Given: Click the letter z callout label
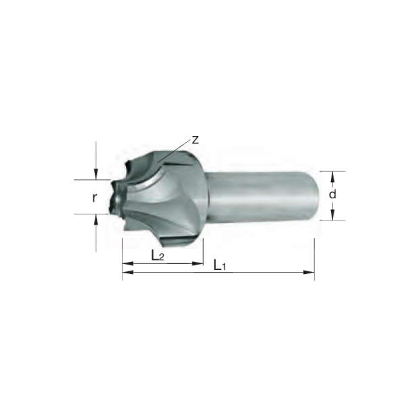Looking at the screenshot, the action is pos(195,140).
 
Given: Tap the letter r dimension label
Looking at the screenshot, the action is pos(95,198).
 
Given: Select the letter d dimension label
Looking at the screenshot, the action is pos(332,194).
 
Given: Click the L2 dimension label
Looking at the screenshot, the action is pos(158,256).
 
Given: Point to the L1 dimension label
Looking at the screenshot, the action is pos(219,265).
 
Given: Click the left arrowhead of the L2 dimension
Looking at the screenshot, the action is pos(128,264).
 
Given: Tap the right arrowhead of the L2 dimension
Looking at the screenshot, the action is pos(198,264).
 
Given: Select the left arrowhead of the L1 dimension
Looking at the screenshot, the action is pos(128,272).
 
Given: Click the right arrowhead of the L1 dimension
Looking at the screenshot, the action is pos(309,272).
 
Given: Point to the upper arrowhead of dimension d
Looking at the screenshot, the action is pos(333,177).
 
